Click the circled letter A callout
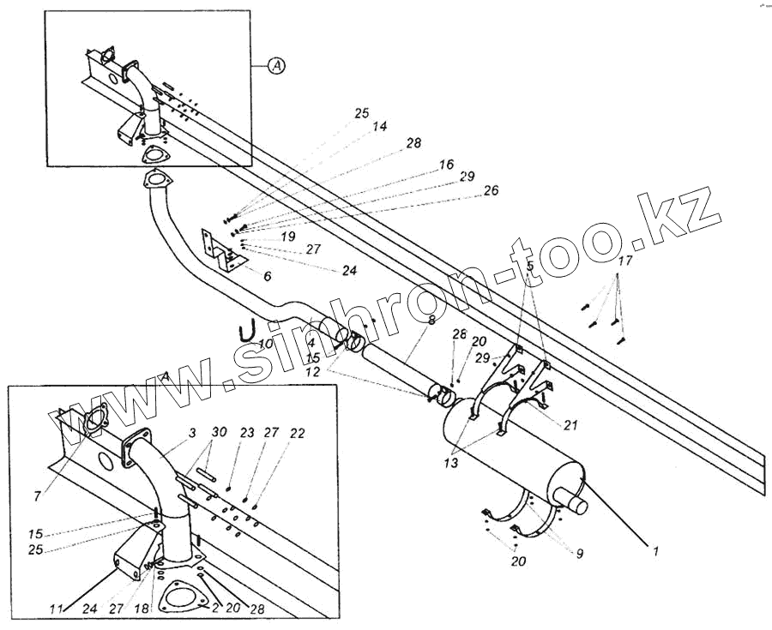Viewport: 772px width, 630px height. tap(274, 65)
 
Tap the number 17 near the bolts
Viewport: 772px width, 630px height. tap(625, 261)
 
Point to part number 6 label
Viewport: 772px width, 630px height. tap(268, 276)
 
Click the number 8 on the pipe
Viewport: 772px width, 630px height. tap(431, 320)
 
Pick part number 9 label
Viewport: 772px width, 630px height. tap(580, 554)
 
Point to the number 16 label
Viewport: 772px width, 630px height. tap(445, 163)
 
